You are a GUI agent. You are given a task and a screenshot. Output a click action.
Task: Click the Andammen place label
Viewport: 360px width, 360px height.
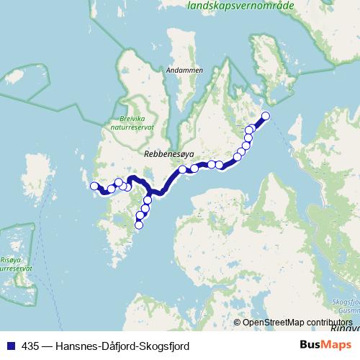click(x=184, y=71)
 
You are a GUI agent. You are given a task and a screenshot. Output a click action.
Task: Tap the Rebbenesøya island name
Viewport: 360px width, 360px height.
click(x=165, y=153)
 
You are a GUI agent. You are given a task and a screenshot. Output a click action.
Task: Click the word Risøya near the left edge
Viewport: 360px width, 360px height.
click(x=14, y=261)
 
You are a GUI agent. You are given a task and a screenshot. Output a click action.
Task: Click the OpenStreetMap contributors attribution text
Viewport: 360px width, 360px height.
click(x=297, y=323)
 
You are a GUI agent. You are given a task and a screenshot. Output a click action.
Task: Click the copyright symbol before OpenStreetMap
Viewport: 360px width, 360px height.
click(x=237, y=323)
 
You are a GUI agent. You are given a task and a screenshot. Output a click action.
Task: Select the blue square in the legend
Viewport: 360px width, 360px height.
click(x=10, y=346)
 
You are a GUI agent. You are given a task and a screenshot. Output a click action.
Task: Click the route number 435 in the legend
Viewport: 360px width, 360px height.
click(x=30, y=346)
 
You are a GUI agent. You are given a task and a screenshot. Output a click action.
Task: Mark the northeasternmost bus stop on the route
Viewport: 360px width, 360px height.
click(x=265, y=116)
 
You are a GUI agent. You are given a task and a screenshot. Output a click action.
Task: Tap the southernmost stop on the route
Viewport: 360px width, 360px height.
click(x=139, y=225)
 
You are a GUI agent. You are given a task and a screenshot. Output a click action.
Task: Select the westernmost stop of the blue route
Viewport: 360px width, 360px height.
click(x=94, y=186)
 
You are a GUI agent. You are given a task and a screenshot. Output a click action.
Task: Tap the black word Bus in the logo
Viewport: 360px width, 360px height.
click(x=311, y=346)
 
